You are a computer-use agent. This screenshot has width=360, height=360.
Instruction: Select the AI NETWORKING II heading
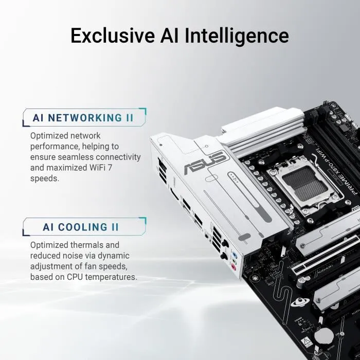pyautogui.click(x=83, y=117)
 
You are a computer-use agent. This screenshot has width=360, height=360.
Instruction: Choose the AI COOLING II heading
pyautogui.click(x=81, y=227)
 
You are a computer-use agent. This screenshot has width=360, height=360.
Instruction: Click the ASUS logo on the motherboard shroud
pyautogui.click(x=212, y=165)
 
